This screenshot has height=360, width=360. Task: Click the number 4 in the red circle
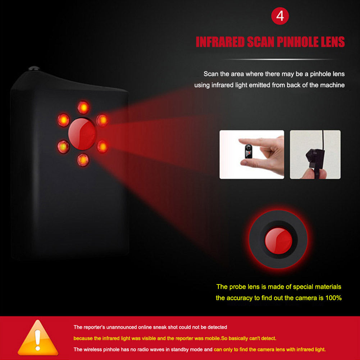280,16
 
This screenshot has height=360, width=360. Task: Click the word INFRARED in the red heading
220,42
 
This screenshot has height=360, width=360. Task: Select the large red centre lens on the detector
82,134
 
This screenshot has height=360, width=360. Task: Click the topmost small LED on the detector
83,107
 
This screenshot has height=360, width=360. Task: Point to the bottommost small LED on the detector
83,160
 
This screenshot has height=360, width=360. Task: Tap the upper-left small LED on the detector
64,120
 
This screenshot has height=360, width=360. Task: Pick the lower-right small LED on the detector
102,147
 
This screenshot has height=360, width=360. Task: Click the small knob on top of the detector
34,68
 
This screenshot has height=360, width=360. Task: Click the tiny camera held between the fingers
248,151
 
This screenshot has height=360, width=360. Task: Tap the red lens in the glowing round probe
278,241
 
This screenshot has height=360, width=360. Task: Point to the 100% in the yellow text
333,298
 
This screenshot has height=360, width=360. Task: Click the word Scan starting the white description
211,74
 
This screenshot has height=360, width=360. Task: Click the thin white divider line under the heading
280,59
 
